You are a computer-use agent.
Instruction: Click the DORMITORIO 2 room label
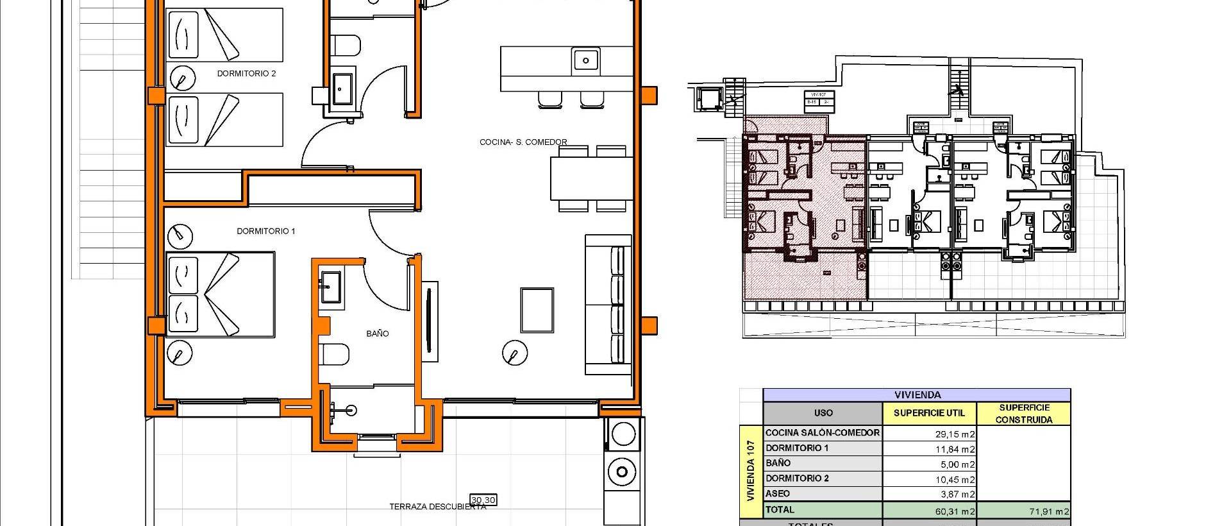click(246, 74)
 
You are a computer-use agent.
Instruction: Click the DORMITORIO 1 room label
click(266, 231)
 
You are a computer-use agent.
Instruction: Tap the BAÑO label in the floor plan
click(378, 334)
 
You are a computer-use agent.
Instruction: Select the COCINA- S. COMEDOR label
click(523, 142)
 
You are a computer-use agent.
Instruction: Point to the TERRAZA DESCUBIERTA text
click(437, 507)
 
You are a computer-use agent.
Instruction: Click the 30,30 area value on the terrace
click(483, 500)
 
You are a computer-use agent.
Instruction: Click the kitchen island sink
click(585, 60)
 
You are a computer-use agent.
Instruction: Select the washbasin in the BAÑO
click(331, 286)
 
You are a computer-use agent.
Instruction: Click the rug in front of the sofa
click(537, 310)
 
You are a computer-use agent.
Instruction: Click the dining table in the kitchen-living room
click(588, 178)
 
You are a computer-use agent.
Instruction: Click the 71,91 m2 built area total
click(1044, 511)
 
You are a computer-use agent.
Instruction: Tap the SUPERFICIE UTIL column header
click(929, 413)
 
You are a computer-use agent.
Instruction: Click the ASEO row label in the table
click(778, 493)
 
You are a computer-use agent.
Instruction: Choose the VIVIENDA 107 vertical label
click(751, 471)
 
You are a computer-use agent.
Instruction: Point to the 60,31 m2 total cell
click(955, 511)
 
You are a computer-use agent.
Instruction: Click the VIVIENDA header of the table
click(917, 395)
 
